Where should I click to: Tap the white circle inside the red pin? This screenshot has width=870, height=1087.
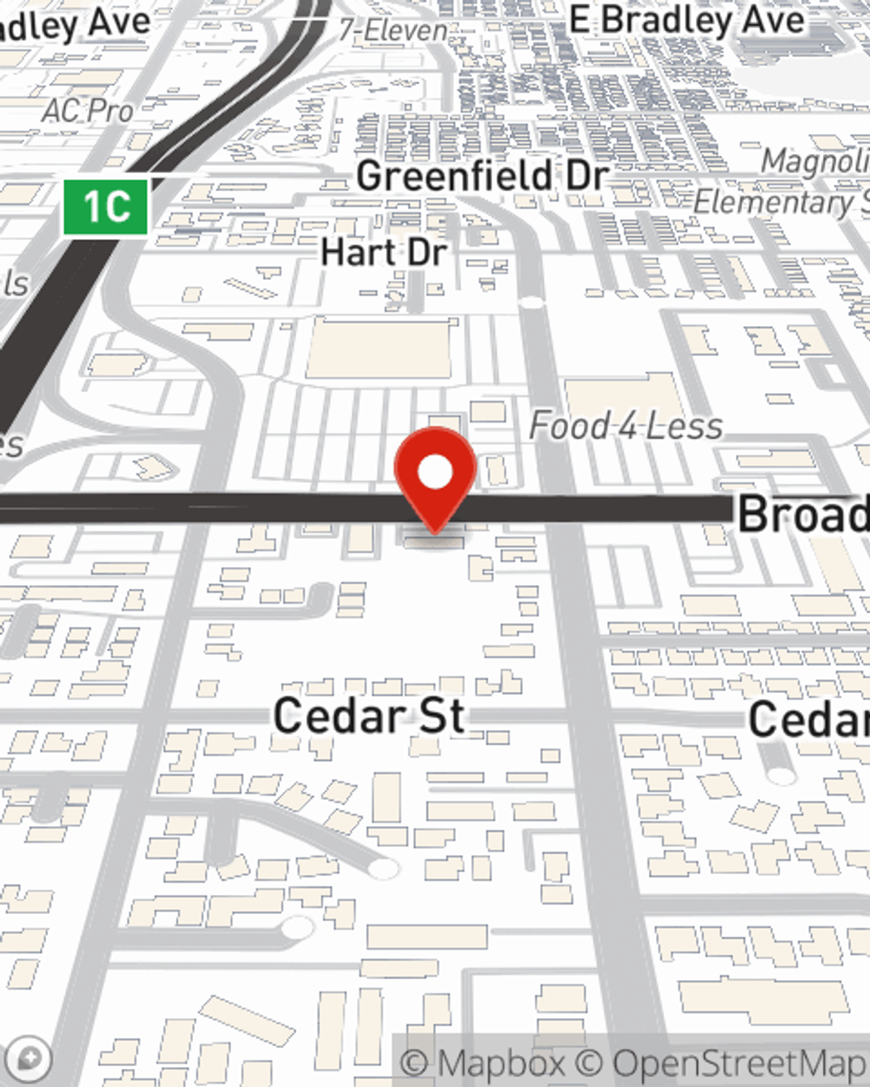coord(435,473)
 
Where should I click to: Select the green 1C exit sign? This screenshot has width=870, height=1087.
coord(105,207)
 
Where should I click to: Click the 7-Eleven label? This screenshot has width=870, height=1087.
coord(393,30)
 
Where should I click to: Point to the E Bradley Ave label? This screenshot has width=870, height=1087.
coord(686,20)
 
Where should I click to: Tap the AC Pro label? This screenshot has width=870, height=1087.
coord(87,110)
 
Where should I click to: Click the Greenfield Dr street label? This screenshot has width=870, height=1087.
coord(482,176)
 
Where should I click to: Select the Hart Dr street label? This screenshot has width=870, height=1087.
coord(384,252)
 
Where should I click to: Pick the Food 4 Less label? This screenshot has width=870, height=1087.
coord(626,426)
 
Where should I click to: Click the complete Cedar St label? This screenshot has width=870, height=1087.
coord(370,716)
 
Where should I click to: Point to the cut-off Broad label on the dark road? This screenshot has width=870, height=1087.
coord(802,514)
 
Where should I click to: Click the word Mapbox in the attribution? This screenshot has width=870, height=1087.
coord(501,1063)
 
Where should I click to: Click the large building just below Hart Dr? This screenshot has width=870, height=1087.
coord(380,348)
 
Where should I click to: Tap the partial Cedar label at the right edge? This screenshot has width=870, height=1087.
coord(808,719)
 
